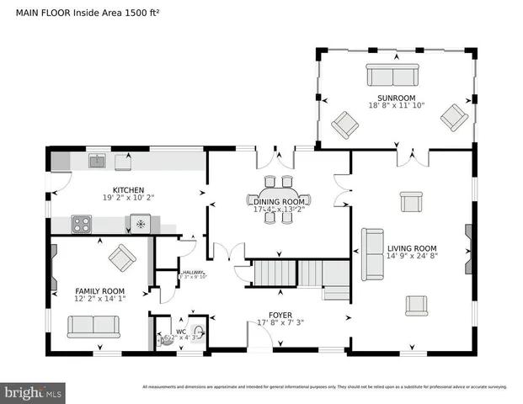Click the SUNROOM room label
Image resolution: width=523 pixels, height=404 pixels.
click(396, 98)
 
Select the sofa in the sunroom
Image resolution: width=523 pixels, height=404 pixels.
click(392, 76)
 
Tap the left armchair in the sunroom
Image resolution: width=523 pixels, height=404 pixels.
click(344, 125)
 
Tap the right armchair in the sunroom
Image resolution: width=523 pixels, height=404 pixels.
click(454, 118)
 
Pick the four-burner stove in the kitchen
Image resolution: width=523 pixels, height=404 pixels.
click(82, 224)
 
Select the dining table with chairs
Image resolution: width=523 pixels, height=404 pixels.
click(278, 200)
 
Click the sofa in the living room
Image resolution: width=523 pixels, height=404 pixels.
click(371, 254)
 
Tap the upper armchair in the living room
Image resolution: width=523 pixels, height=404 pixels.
click(411, 202)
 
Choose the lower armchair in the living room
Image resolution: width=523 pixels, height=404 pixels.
click(416, 305)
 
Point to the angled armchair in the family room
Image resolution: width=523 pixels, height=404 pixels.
click(121, 258)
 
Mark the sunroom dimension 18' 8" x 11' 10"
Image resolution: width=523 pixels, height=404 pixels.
click(396, 106)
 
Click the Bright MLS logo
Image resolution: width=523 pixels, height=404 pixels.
click(34, 392)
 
